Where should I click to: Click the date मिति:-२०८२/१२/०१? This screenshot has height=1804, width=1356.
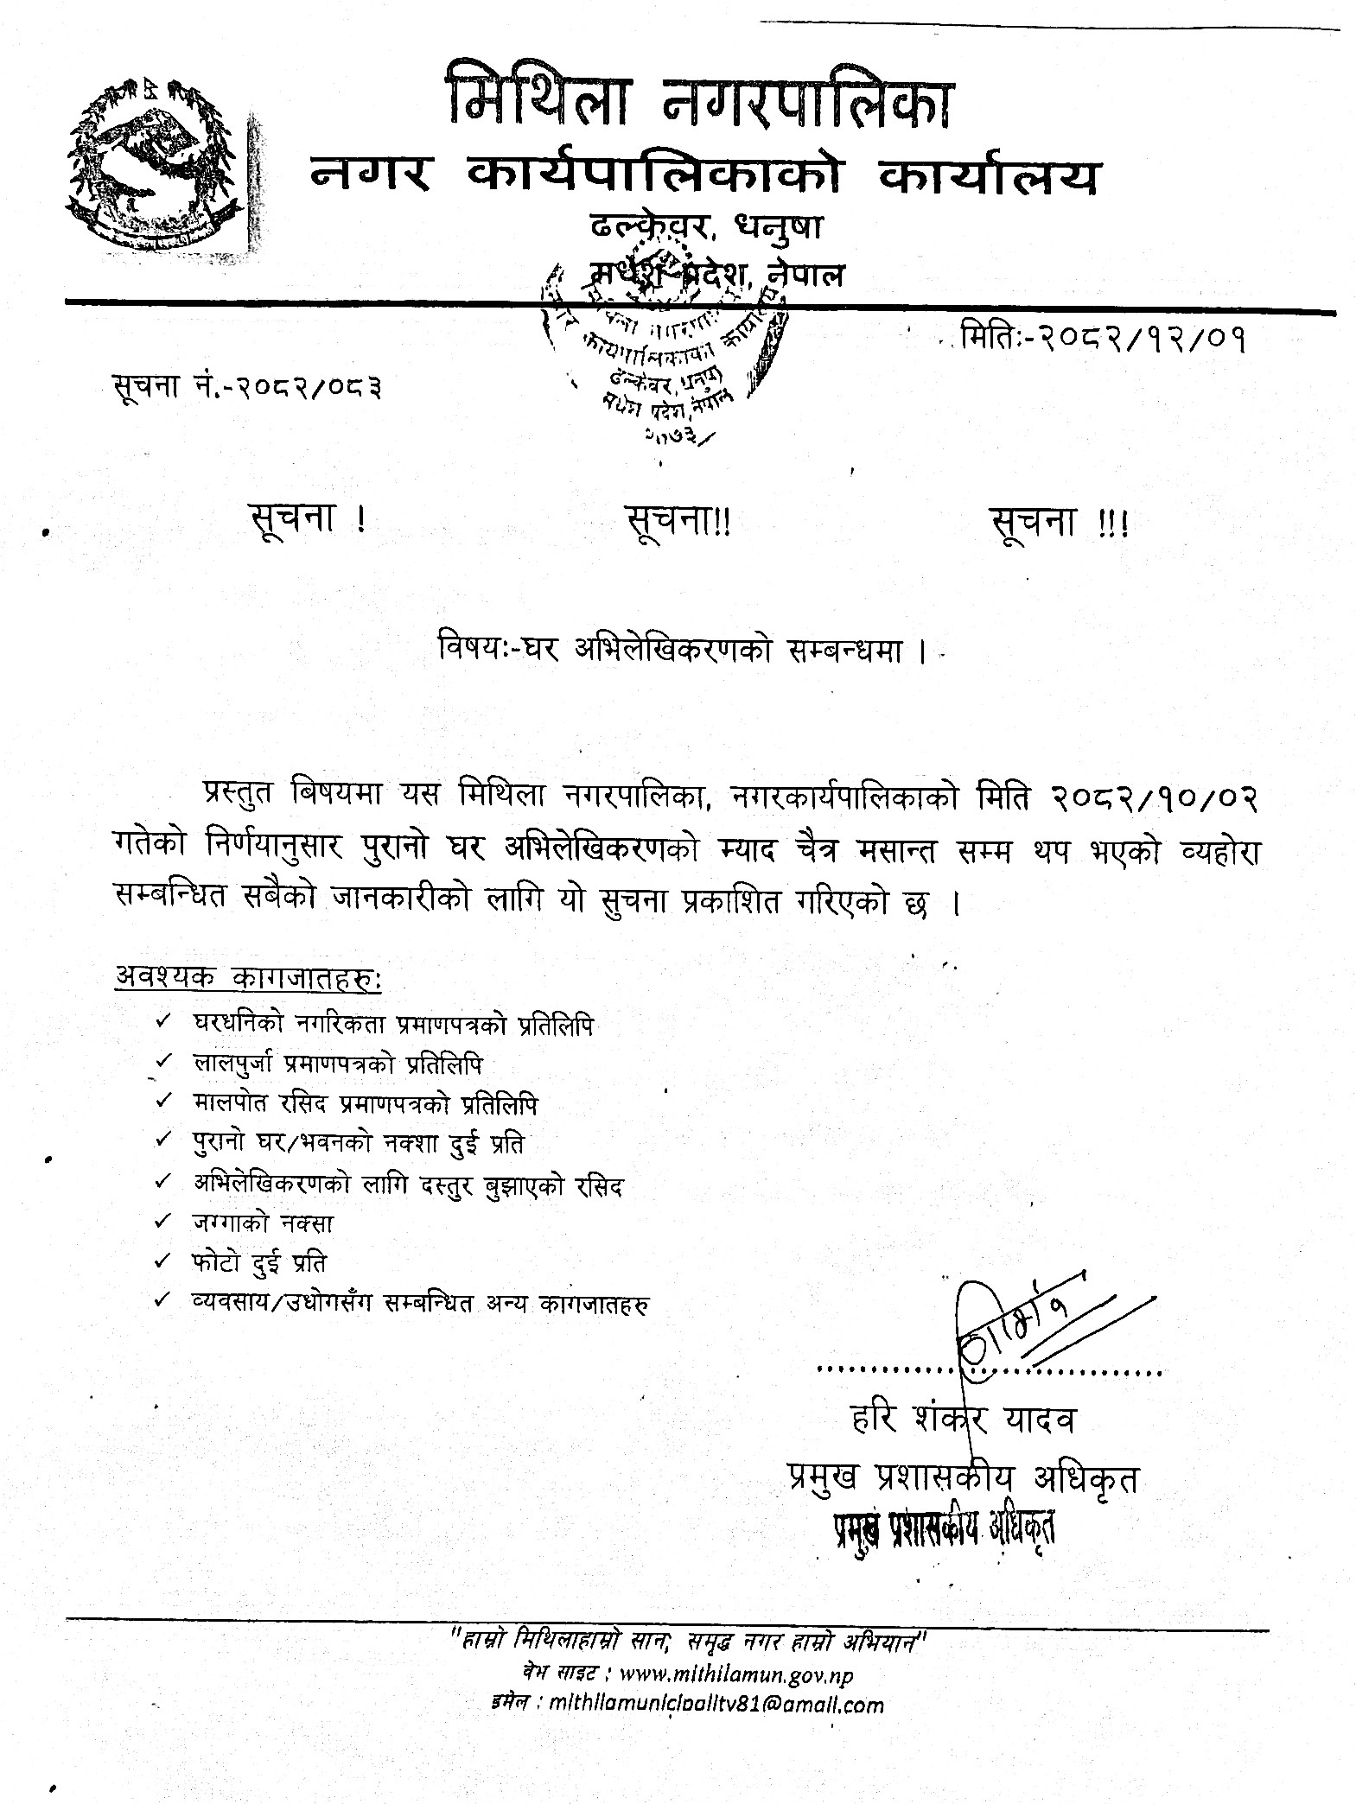click(x=1103, y=339)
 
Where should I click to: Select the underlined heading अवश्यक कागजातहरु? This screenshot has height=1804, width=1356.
click(x=248, y=980)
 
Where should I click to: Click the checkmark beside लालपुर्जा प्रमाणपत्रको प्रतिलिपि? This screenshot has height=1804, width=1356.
click(x=162, y=1063)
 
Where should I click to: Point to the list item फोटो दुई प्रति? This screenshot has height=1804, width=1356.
click(x=260, y=1262)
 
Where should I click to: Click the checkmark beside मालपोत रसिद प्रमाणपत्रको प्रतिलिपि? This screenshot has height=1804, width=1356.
click(x=162, y=1102)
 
